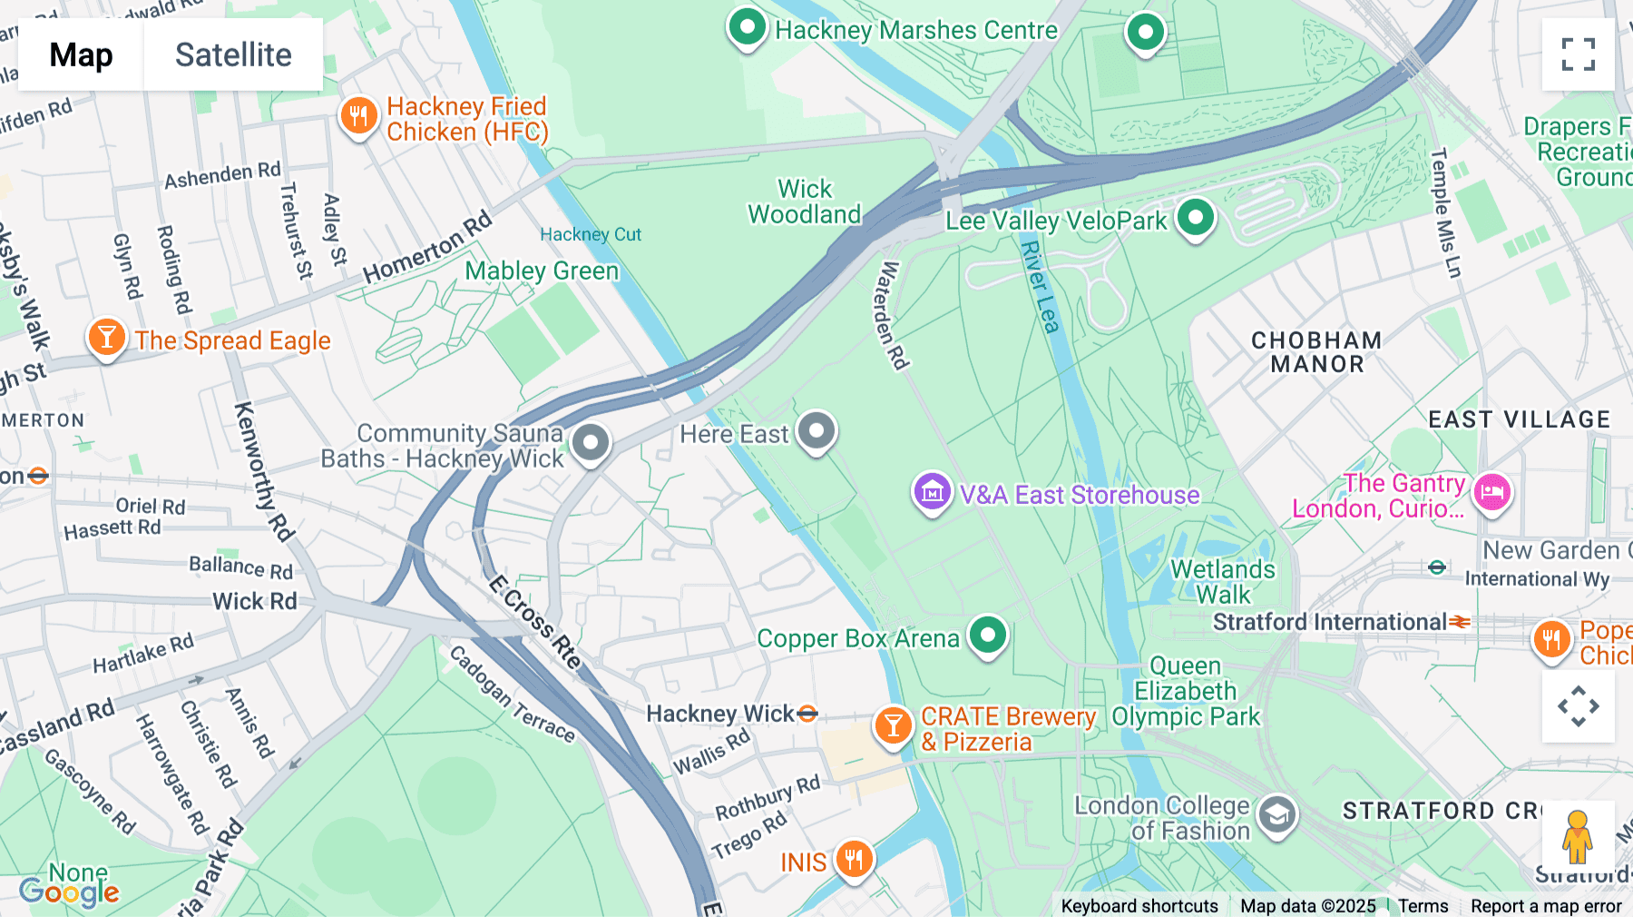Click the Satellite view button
tap(233, 54)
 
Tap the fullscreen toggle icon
tap(1578, 54)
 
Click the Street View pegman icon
tap(1578, 836)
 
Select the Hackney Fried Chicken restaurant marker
tap(358, 116)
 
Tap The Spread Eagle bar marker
tap(106, 338)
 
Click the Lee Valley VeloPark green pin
tap(1195, 218)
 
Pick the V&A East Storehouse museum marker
tap(932, 492)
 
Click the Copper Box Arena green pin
tap(987, 635)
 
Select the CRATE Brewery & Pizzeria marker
tap(893, 726)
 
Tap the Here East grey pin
tap(816, 431)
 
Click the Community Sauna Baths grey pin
tap(591, 443)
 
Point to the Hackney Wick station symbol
tap(807, 715)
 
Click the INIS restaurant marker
tap(853, 858)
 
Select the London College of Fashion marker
tap(1277, 815)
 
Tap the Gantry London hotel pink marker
tap(1491, 493)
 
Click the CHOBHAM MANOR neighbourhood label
tap(1316, 352)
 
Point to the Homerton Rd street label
tap(426, 247)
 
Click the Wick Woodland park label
tap(804, 202)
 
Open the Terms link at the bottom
tap(1423, 906)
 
